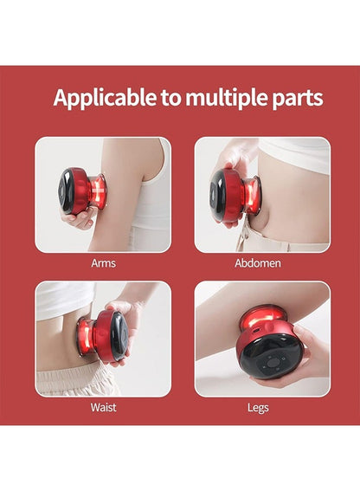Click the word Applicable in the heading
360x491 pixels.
click(x=105, y=98)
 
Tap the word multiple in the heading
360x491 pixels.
click(x=226, y=98)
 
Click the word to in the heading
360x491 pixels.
click(x=170, y=99)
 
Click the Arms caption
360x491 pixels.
click(x=103, y=263)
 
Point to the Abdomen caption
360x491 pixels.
click(x=258, y=263)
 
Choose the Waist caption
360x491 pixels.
click(x=103, y=407)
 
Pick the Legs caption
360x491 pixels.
click(x=258, y=408)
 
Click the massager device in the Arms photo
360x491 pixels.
click(x=82, y=191)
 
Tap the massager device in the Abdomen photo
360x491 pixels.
click(x=235, y=196)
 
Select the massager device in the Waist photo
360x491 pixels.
click(x=103, y=336)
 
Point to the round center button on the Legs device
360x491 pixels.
click(x=273, y=363)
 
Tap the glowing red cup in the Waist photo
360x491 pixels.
click(x=85, y=337)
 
